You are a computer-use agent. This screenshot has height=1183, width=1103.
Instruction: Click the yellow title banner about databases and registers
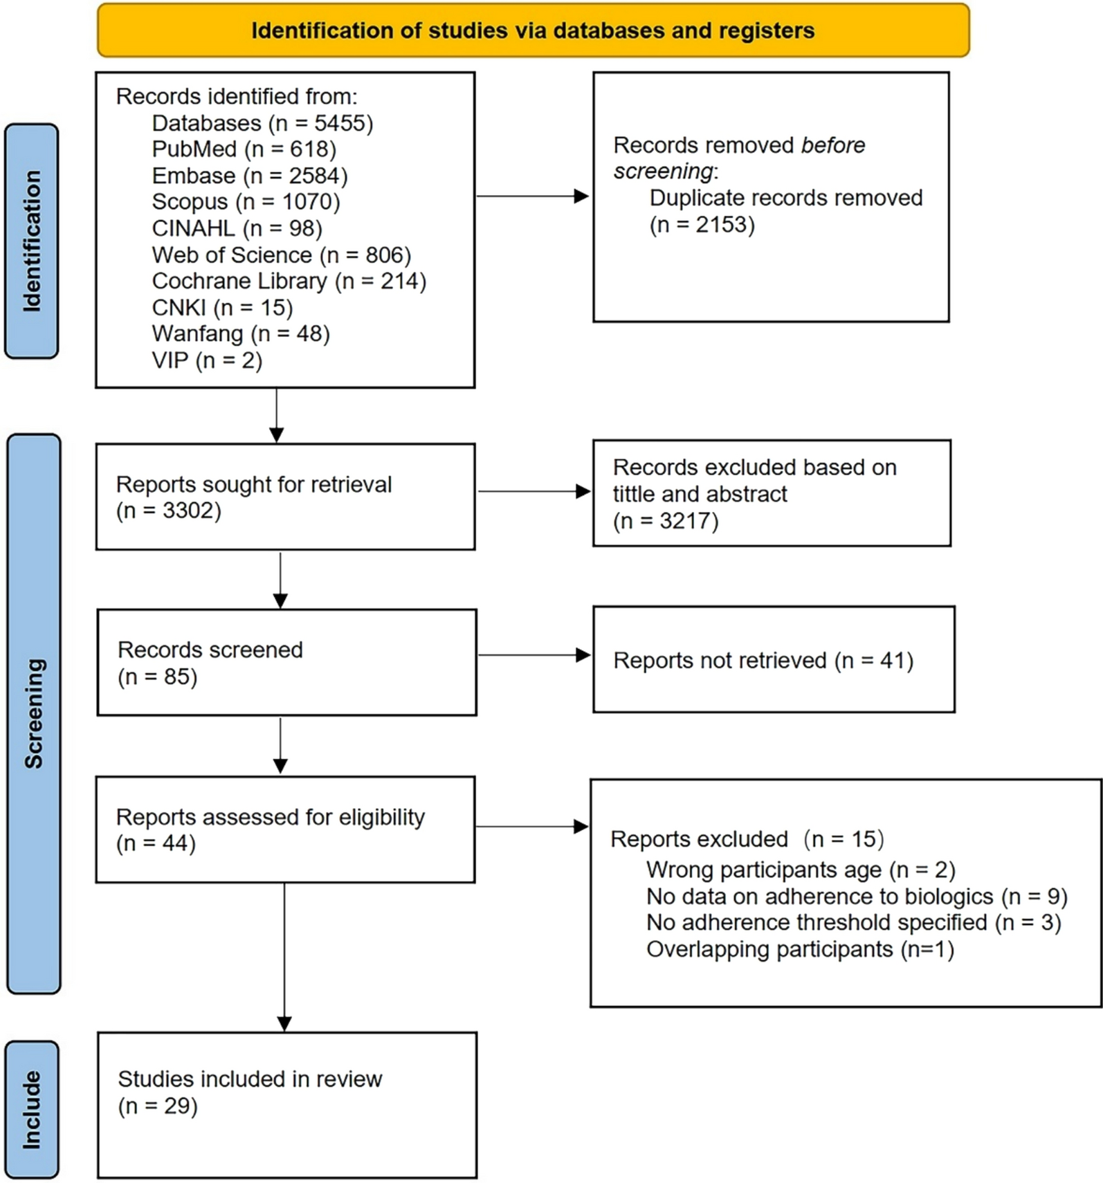(533, 30)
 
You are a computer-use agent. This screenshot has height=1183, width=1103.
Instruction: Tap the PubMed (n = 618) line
(244, 149)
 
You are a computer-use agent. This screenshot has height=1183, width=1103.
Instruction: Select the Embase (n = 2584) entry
(249, 176)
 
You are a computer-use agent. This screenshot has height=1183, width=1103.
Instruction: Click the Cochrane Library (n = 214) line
(289, 281)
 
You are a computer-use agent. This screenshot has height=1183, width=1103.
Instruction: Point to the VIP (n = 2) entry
(207, 360)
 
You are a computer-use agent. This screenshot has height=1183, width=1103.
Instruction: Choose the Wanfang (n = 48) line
(240, 334)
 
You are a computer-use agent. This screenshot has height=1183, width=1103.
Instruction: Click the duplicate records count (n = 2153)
(702, 225)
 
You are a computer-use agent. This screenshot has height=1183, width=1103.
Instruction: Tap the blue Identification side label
(32, 241)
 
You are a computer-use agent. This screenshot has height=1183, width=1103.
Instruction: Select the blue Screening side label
(33, 713)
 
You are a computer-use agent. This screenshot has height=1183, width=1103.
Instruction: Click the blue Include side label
(32, 1110)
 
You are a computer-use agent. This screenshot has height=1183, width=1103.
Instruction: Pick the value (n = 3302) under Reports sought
(168, 511)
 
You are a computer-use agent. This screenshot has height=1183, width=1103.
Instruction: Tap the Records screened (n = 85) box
(286, 663)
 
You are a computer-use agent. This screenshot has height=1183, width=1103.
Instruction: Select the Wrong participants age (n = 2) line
(800, 870)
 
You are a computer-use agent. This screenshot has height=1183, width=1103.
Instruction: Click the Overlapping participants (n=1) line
(800, 949)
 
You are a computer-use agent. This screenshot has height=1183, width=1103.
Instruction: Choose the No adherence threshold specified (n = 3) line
(853, 923)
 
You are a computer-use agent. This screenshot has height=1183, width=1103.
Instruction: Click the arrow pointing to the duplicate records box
(533, 196)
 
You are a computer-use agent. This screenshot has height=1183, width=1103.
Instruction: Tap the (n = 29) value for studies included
(158, 1106)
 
